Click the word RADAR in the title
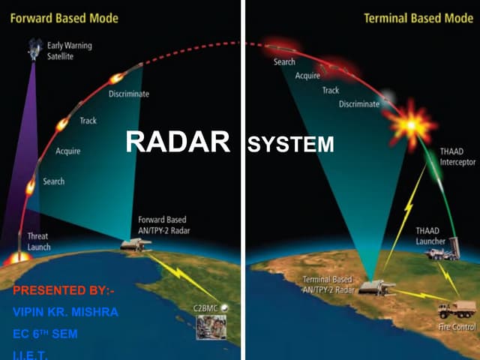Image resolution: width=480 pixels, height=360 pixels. [x=177, y=142]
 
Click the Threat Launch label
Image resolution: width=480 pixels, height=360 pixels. [x=37, y=241]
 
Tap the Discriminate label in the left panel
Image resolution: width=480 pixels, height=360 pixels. [x=128, y=94]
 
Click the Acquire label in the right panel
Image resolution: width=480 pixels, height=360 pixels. [x=307, y=76]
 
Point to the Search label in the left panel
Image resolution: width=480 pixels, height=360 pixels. [x=53, y=181]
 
